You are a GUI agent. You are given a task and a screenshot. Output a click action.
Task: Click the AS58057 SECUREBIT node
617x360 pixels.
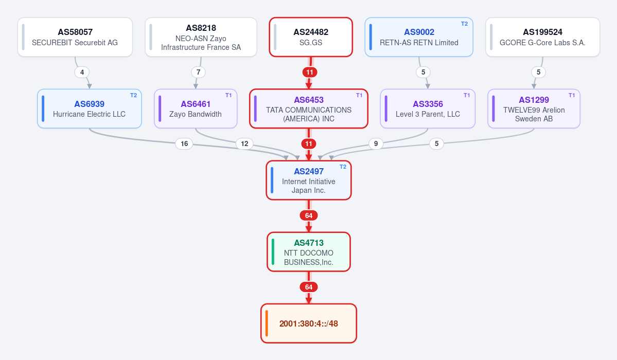pos(75,37)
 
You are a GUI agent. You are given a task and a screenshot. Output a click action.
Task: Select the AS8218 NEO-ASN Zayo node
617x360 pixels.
pos(201,37)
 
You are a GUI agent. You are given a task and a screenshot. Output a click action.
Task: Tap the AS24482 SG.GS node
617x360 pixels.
pos(311,37)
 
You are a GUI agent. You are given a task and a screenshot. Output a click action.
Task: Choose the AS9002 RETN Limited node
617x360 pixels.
pos(419,37)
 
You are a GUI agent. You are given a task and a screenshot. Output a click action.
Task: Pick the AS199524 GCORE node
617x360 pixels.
pos(542,37)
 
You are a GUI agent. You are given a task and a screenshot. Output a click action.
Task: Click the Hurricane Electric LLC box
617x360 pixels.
pos(90,109)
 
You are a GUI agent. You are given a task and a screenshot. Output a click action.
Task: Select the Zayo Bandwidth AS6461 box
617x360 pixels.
pos(196,109)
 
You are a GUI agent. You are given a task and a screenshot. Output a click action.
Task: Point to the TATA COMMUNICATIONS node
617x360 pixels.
pos(309,109)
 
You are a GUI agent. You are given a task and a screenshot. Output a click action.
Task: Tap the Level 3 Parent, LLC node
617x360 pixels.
pos(428,109)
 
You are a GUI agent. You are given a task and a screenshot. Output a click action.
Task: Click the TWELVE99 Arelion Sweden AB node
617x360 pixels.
pos(534,109)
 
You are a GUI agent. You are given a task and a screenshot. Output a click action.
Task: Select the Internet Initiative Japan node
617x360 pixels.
pos(309,180)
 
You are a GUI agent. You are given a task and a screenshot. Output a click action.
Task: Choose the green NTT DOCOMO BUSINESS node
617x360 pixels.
pos(309,252)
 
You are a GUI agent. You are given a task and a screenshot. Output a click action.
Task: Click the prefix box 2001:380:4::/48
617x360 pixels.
pos(309,323)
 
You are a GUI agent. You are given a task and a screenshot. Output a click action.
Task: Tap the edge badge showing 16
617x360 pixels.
pos(184,143)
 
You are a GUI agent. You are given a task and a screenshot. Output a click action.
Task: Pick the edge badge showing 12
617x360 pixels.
pos(244,143)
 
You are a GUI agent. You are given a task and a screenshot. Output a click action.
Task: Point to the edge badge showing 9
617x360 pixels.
pos(376,143)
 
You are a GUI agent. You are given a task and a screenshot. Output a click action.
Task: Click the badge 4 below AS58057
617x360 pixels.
pos(82,72)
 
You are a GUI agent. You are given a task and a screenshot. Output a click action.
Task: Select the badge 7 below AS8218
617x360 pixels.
pos(198,72)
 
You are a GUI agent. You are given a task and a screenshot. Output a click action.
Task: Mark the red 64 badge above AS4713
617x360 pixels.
pos(309,215)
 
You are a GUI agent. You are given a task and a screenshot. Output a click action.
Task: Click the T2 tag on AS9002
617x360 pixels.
pos(464,24)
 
